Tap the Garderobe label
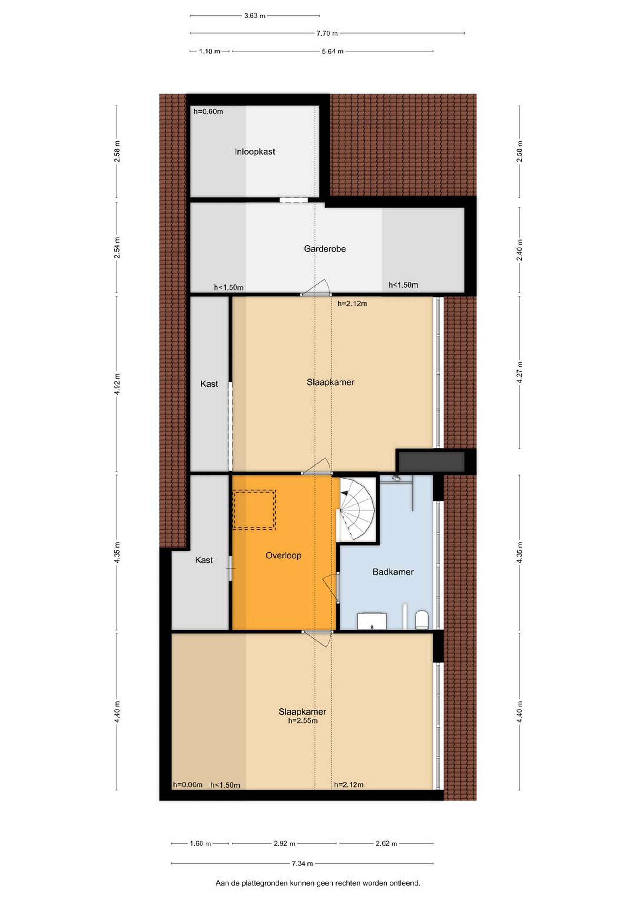pos(325,249)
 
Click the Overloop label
pos(283,556)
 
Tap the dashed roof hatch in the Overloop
pos(254,510)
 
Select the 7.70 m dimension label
pos(327,33)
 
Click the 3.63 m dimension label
pos(254,16)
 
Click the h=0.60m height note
pos(208,111)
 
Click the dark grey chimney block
pos(431,461)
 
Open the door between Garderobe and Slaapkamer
pos(316,288)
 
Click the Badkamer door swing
pos(331,586)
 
